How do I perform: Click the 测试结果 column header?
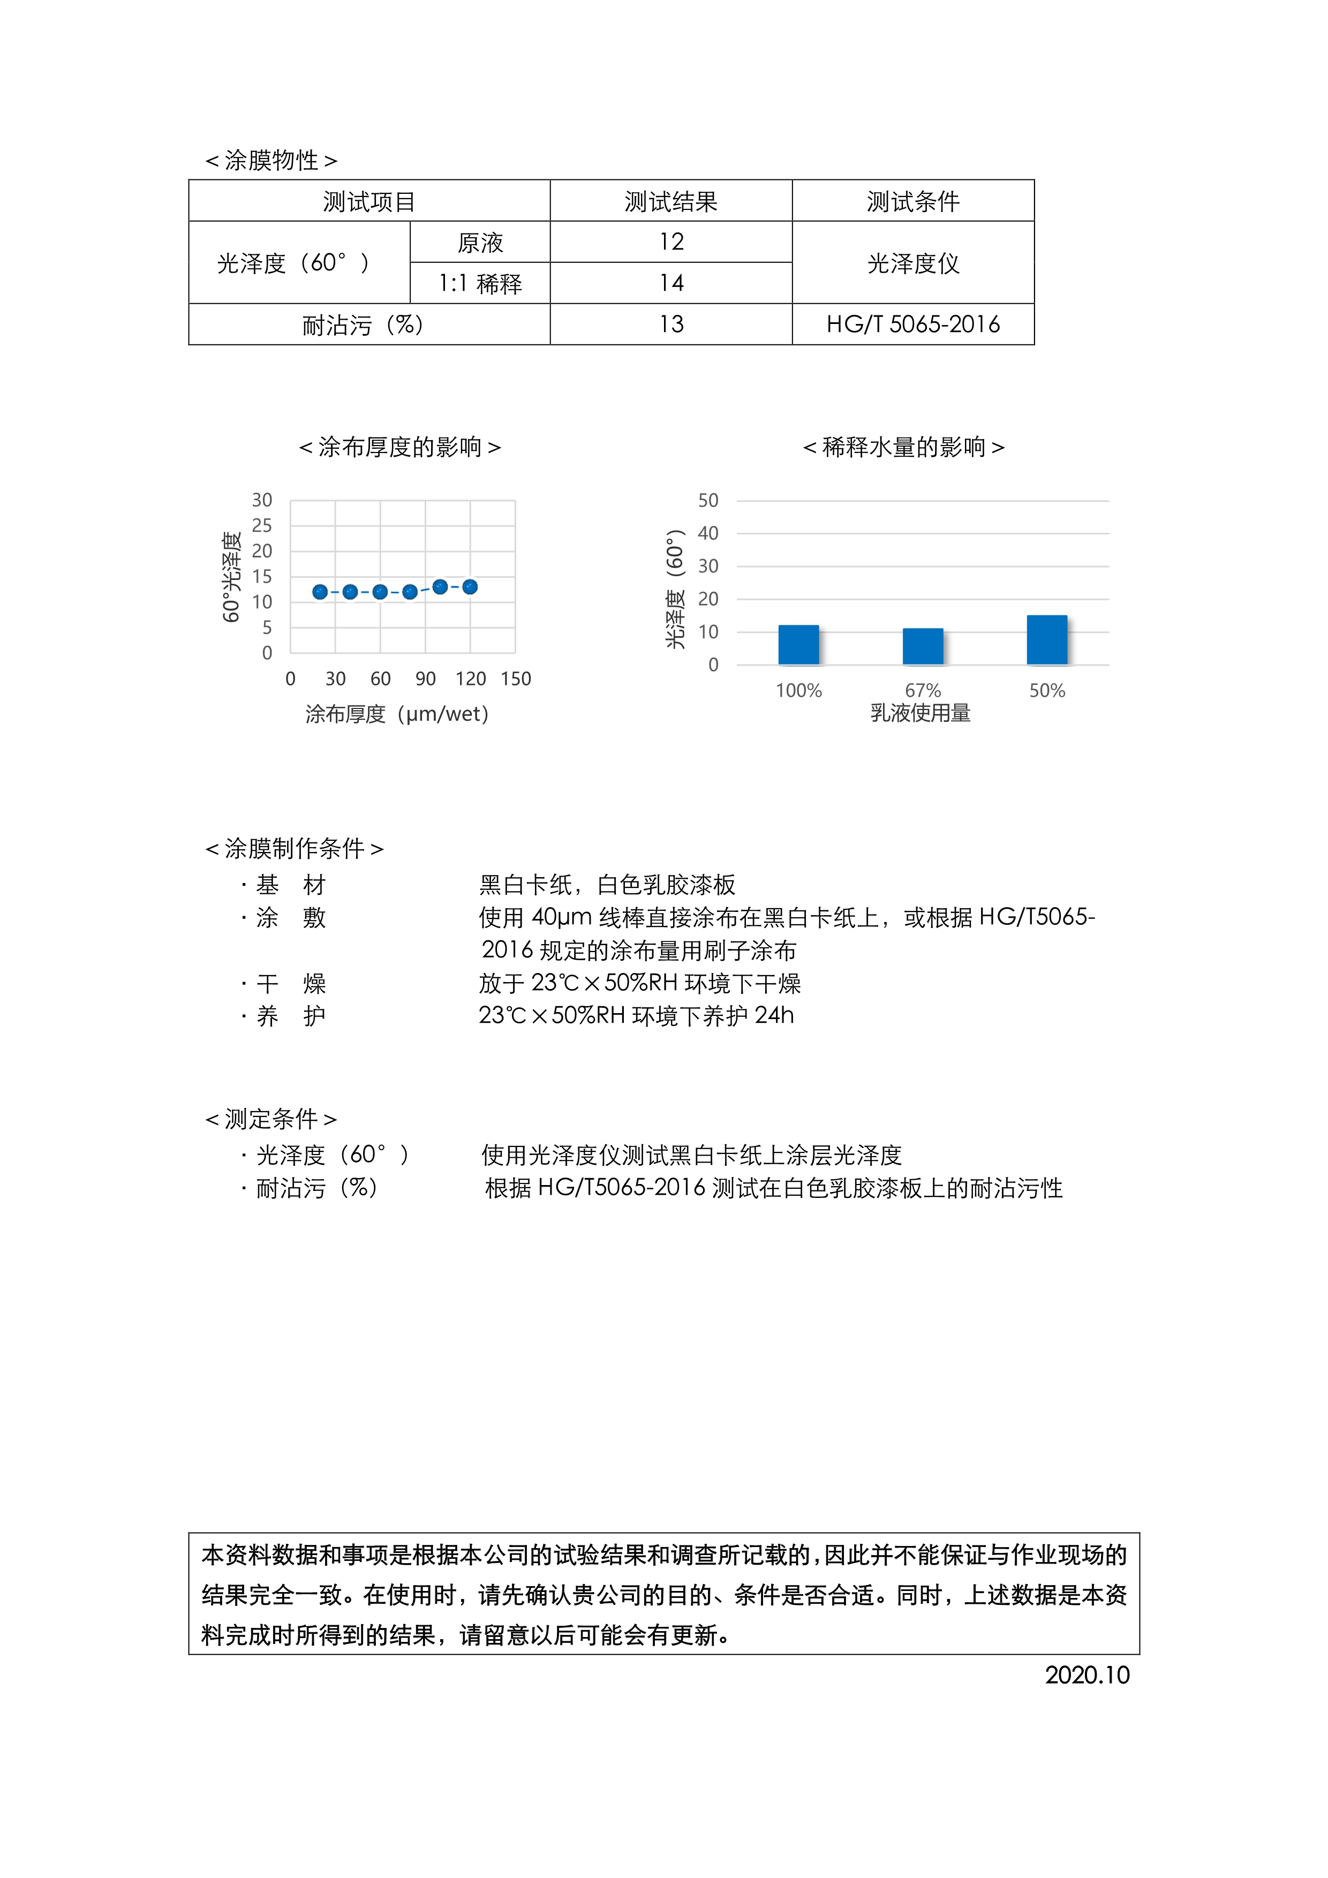click(x=670, y=201)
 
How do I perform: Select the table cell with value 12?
click(x=670, y=242)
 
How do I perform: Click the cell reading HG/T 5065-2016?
click(x=912, y=325)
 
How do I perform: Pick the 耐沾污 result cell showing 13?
click(x=670, y=325)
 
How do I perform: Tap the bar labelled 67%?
click(x=923, y=646)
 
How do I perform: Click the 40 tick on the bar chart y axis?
click(x=708, y=533)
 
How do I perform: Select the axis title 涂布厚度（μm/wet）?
click(x=397, y=714)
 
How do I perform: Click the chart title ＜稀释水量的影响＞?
click(x=903, y=448)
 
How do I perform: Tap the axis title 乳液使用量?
click(x=921, y=713)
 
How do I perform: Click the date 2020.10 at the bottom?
click(x=1087, y=1675)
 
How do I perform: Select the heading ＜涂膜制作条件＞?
click(x=295, y=848)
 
